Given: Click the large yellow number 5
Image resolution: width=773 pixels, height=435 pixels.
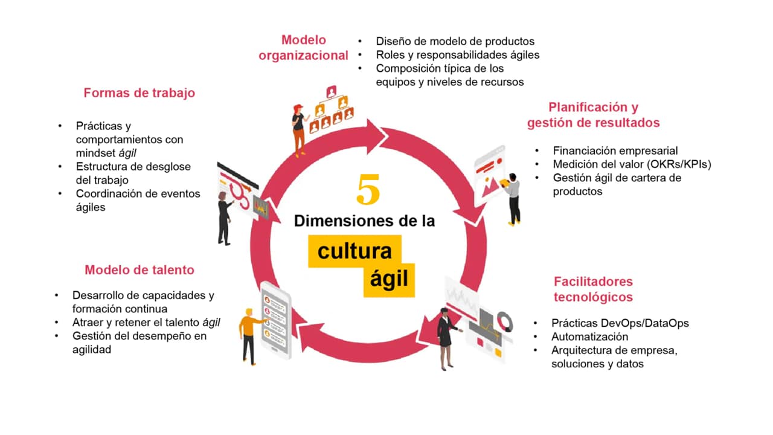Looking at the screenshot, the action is [x=368, y=189].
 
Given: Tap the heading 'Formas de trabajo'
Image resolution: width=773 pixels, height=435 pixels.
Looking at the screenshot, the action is [x=139, y=93].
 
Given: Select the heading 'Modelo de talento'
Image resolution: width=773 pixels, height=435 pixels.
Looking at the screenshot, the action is [x=140, y=270].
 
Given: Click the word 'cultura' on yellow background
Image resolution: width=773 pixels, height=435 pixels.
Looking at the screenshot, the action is [x=354, y=251].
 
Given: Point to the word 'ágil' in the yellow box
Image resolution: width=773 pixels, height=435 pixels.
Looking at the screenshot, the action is [x=389, y=279].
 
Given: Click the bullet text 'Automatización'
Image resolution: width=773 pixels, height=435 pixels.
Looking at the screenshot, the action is [x=590, y=337].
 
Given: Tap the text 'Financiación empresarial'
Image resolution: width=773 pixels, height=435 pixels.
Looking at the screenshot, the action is [x=615, y=151].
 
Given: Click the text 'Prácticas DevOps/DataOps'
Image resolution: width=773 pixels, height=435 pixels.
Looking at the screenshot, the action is [x=620, y=323].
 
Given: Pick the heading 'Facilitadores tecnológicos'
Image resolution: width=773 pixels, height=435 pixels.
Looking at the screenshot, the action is [x=593, y=289].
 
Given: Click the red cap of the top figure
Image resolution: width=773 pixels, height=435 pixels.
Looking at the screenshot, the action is [x=298, y=108].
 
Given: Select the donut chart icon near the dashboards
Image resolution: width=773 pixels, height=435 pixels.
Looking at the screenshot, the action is [x=504, y=322].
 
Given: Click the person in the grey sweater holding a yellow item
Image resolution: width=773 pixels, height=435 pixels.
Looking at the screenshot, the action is [x=512, y=200].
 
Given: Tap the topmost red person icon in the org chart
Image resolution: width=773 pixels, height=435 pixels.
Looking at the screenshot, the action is [x=332, y=92].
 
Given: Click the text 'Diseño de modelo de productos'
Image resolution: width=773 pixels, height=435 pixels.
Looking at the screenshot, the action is [x=455, y=42].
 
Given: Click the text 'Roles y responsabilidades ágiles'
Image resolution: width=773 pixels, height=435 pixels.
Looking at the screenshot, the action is [x=458, y=55].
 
